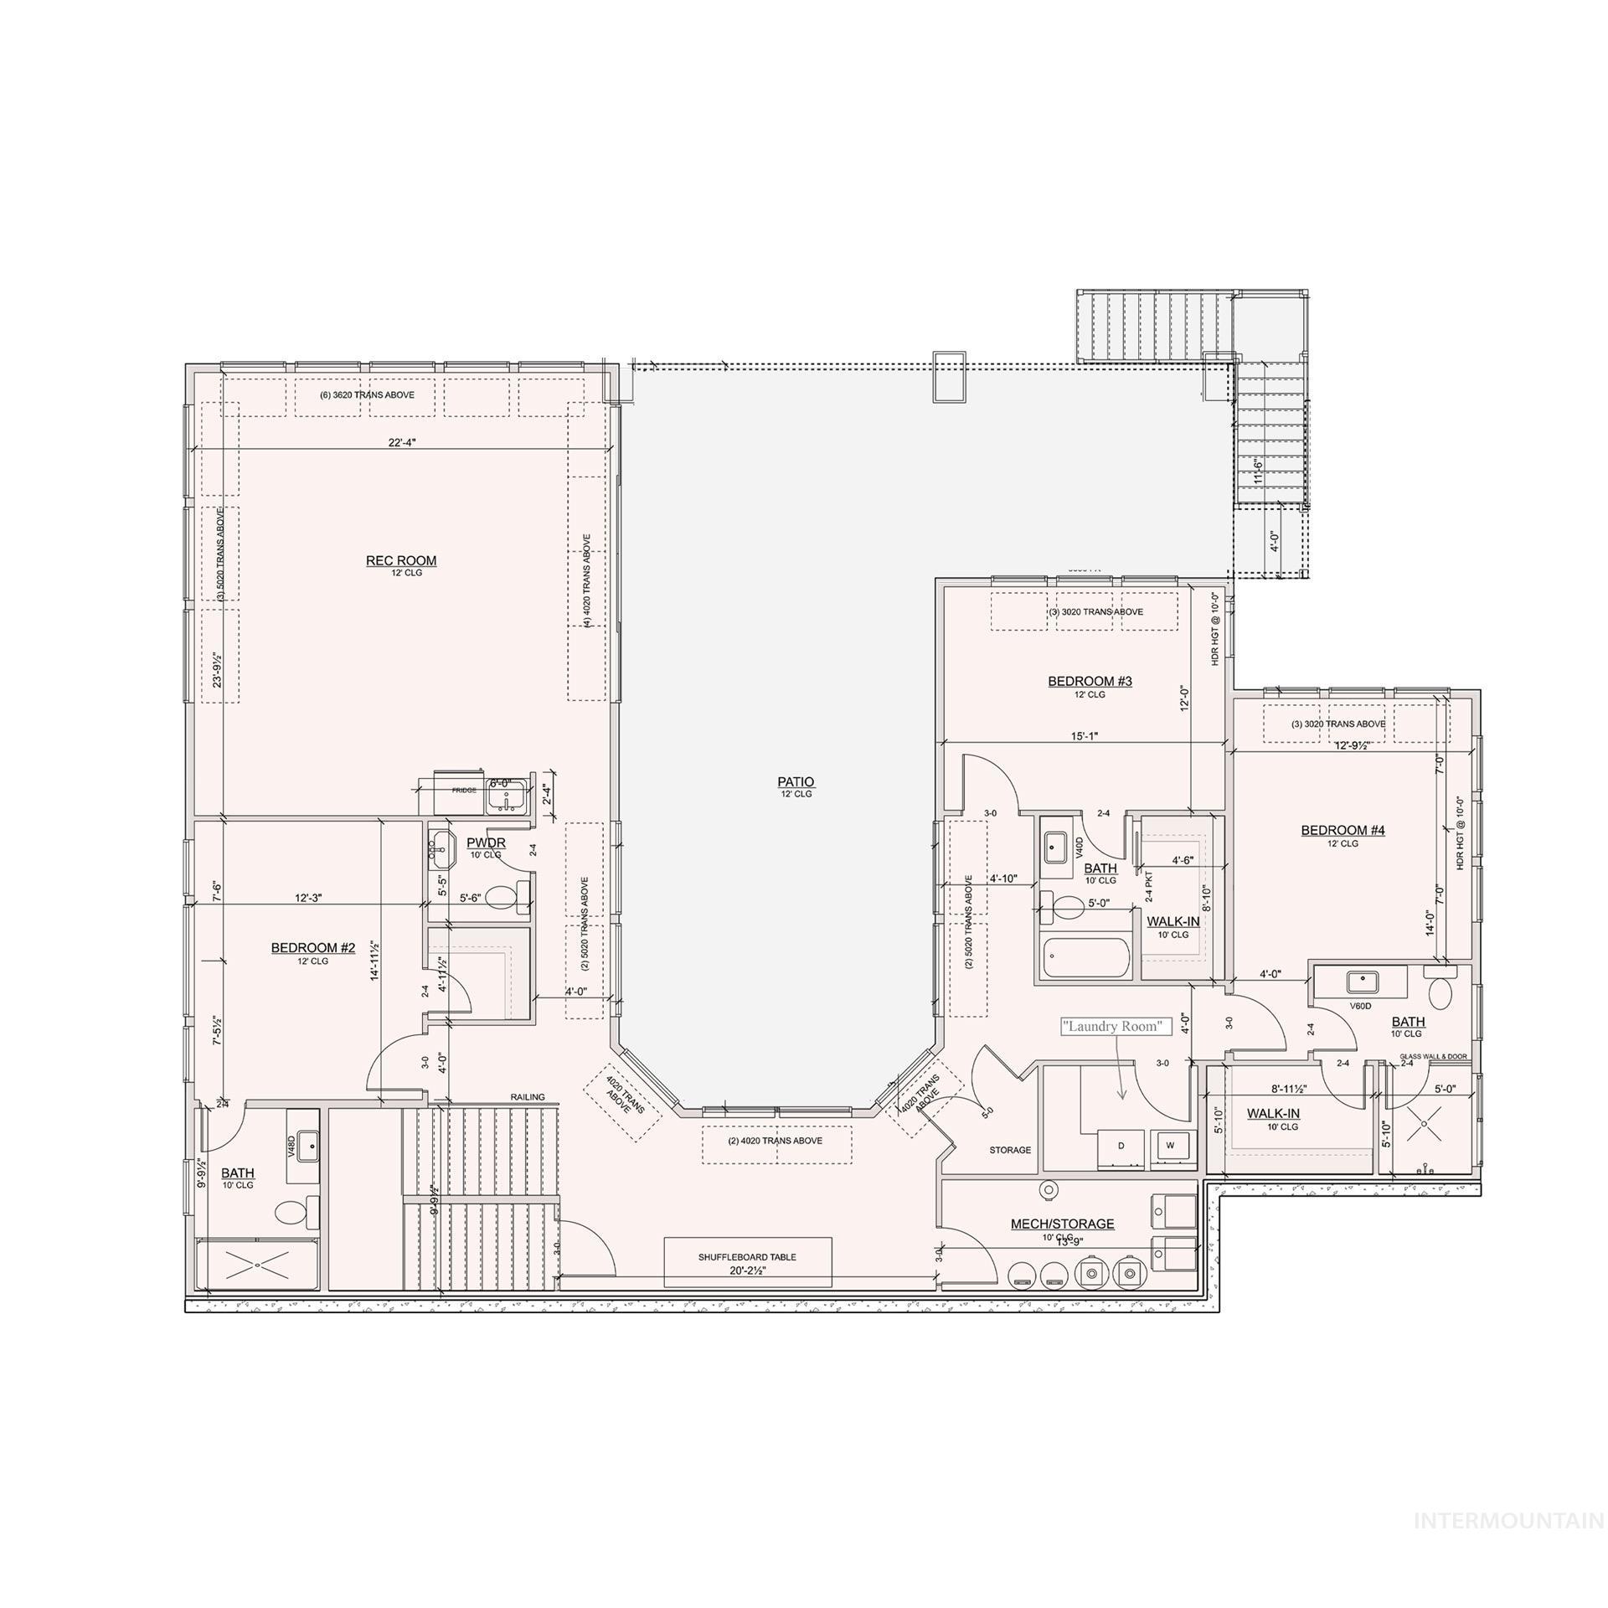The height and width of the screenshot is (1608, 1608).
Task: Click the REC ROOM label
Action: pos(400,560)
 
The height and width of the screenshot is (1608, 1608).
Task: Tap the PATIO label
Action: pos(795,781)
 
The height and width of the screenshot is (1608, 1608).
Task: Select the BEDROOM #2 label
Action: pos(313,947)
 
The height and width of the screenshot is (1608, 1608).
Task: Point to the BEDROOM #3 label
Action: pos(1090,681)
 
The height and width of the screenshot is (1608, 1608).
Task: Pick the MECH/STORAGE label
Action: pos(1062,1224)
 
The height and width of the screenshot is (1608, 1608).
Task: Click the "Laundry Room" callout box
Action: pos(1116,1026)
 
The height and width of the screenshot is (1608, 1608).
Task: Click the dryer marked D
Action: pos(1121,1146)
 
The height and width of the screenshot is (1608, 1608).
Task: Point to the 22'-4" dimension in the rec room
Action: pos(402,444)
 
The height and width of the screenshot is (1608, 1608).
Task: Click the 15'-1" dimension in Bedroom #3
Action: pos(1084,736)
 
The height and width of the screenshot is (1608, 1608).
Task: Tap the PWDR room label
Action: pos(486,843)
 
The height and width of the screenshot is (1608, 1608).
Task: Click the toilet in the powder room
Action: pos(502,898)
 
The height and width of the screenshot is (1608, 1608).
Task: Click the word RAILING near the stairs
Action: pos(528,1097)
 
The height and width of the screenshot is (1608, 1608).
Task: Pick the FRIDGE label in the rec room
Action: pos(464,790)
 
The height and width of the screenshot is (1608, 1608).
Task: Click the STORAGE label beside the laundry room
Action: pos(1010,1150)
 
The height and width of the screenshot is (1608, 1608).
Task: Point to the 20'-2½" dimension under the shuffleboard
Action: pos(747,1270)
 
